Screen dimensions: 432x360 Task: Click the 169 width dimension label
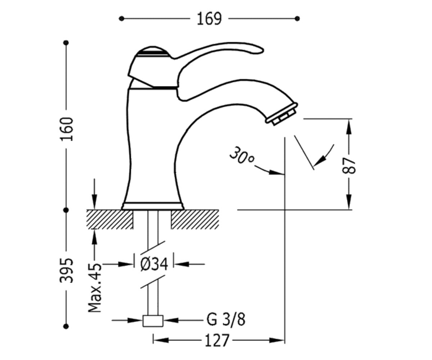tap(209, 19)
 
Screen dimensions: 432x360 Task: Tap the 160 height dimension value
tap(67, 129)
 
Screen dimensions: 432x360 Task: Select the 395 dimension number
tap(67, 271)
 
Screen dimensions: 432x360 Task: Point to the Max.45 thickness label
tap(95, 288)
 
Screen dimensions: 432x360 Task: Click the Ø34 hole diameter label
tap(154, 264)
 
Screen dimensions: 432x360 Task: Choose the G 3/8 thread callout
tap(226, 320)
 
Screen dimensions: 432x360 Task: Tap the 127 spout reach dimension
tap(217, 340)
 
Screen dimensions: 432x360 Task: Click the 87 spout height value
tap(349, 166)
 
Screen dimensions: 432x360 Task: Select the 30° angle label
tap(242, 156)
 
